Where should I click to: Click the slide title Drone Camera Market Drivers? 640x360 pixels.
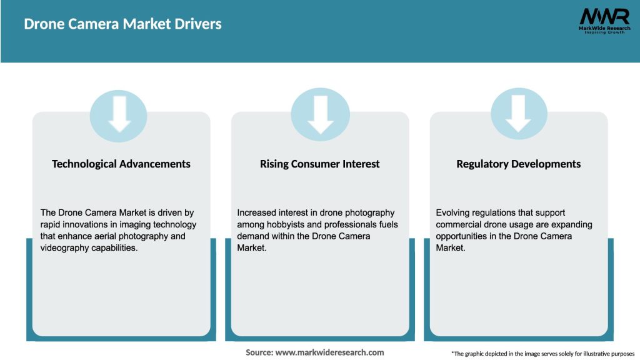coord(122,24)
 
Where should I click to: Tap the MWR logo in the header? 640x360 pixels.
coord(604,16)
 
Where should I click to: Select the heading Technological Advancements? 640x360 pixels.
coord(121,164)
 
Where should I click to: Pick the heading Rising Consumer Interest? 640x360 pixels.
coord(320,164)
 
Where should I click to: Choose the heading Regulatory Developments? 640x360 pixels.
coord(519,164)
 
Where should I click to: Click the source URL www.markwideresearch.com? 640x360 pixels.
coord(330,352)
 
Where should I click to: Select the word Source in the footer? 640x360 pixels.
coord(259,352)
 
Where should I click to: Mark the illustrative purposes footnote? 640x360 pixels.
coord(542,354)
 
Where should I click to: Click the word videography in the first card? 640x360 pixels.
coord(66,248)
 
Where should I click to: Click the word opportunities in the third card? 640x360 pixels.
coord(462,236)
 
